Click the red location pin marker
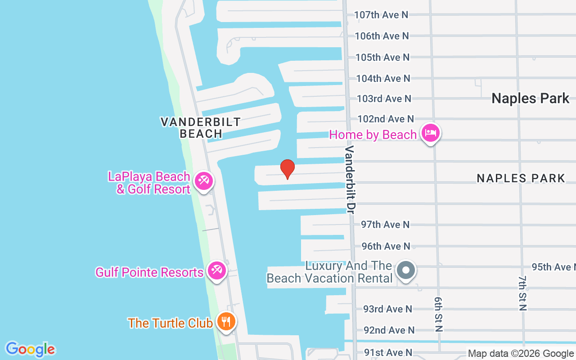[287, 168]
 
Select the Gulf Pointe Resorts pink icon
[217, 271]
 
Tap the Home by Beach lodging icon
[431, 133]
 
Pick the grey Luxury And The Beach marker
[406, 271]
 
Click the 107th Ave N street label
[381, 15]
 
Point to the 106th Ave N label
[382, 36]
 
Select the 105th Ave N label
[382, 57]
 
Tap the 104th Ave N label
[383, 78]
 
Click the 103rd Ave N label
[384, 98]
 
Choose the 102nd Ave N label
[386, 119]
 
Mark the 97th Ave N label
[386, 224]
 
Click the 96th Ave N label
[386, 246]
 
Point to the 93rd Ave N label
[387, 309]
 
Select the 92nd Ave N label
[389, 330]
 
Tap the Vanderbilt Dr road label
[351, 179]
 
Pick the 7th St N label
[522, 293]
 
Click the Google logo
[31, 349]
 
